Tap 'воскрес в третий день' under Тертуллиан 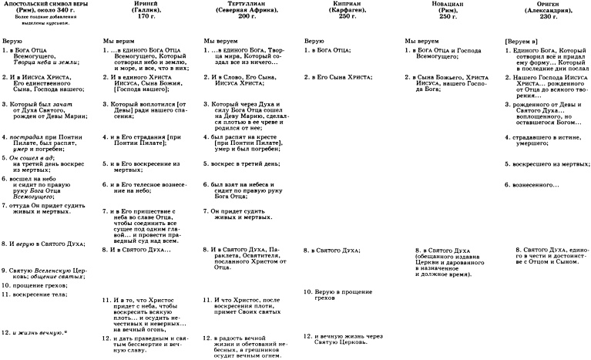click(x=247, y=164)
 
